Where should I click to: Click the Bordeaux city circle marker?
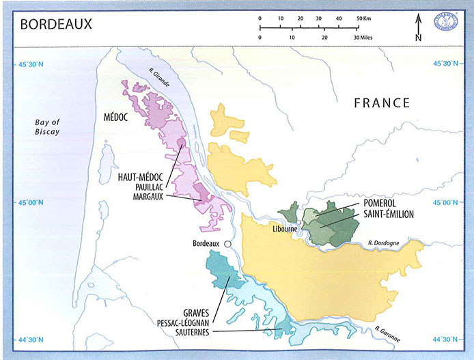pyautogui.click(x=227, y=243)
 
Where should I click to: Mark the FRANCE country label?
pyautogui.click(x=381, y=103)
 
